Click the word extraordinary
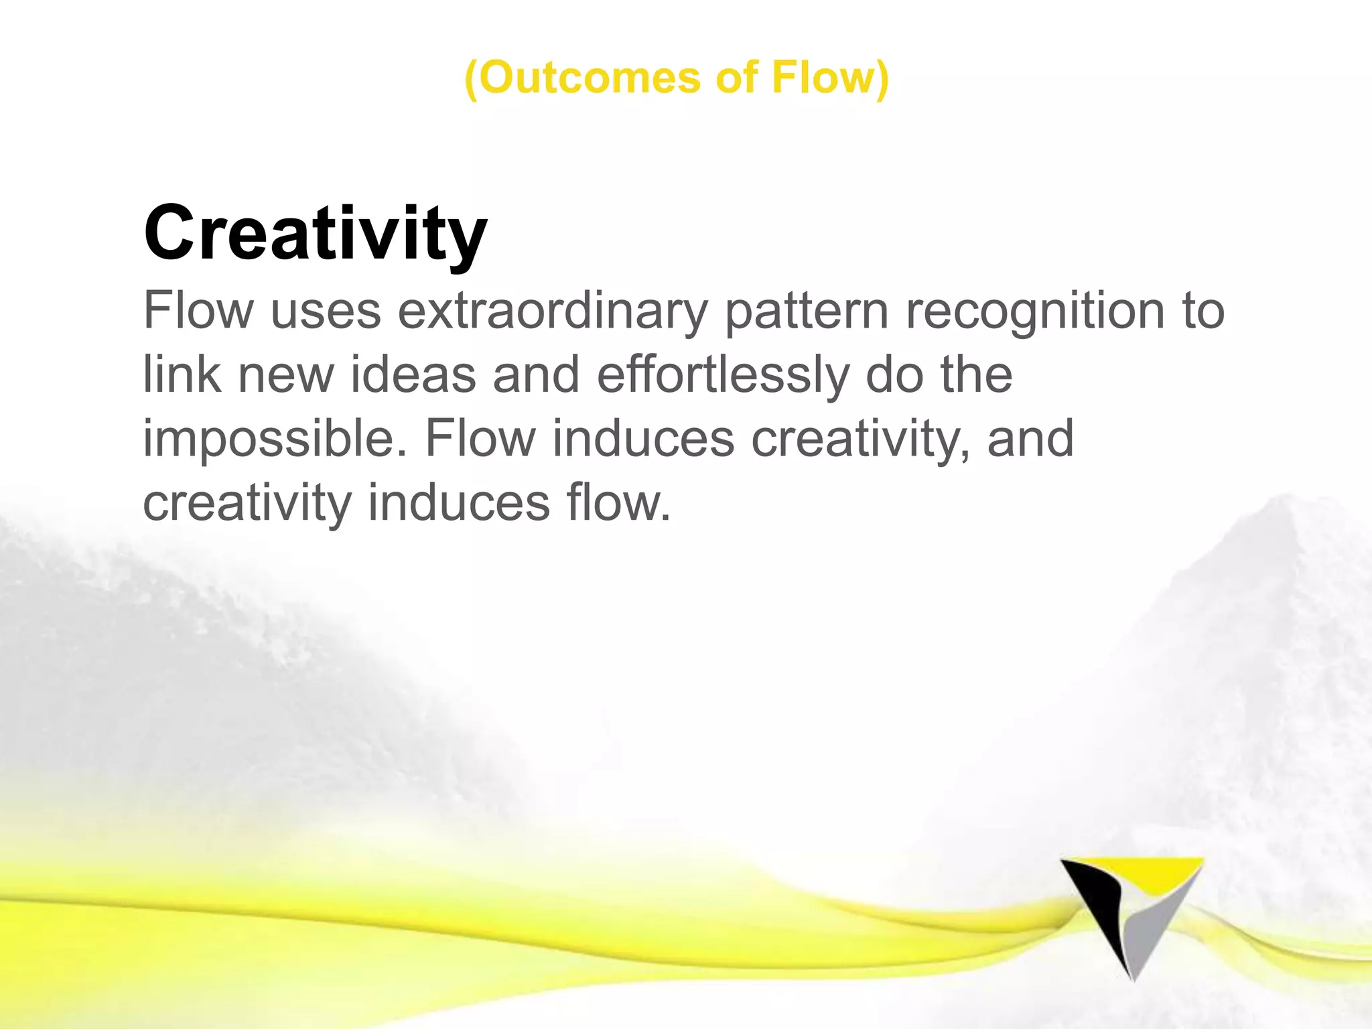point(553,311)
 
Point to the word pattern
point(807,311)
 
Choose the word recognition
point(1036,311)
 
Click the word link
point(182,374)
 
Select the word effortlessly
point(723,374)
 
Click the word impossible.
point(275,439)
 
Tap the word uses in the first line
point(326,311)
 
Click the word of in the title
point(737,78)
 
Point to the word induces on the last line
point(459,503)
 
